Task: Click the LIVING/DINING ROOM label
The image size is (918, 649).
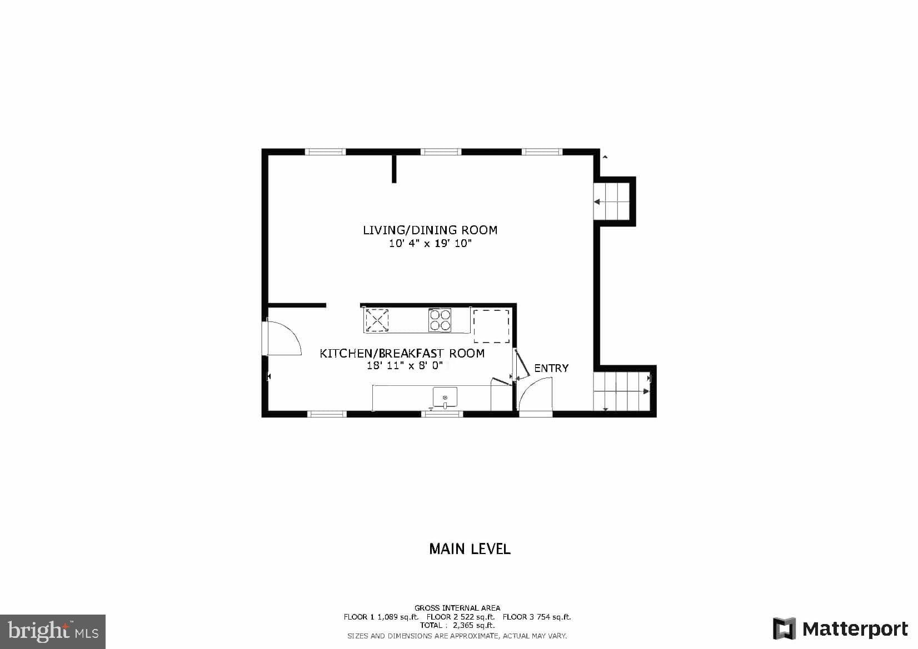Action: [x=430, y=230]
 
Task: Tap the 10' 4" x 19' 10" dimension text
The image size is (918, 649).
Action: [x=430, y=244]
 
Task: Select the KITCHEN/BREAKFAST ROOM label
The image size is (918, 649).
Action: [x=402, y=353]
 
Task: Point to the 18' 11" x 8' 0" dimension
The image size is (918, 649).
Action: [x=405, y=366]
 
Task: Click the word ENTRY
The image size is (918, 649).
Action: [x=551, y=368]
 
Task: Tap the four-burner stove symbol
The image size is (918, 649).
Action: [x=440, y=320]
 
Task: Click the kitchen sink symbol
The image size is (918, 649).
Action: [x=445, y=398]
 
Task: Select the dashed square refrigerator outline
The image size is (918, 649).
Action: [x=491, y=326]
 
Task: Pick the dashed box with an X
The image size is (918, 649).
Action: [x=377, y=320]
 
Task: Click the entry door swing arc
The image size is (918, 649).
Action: [x=535, y=393]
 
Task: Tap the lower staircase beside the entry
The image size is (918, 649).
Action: [x=621, y=391]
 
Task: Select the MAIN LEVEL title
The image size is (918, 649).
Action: [x=470, y=549]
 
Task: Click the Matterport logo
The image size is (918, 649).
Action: [x=840, y=628]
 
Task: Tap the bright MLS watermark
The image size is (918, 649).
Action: [x=53, y=631]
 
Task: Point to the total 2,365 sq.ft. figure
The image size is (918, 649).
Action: [x=457, y=625]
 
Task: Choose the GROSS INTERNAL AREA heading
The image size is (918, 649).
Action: [x=457, y=608]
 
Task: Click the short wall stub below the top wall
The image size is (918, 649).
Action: [x=394, y=169]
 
